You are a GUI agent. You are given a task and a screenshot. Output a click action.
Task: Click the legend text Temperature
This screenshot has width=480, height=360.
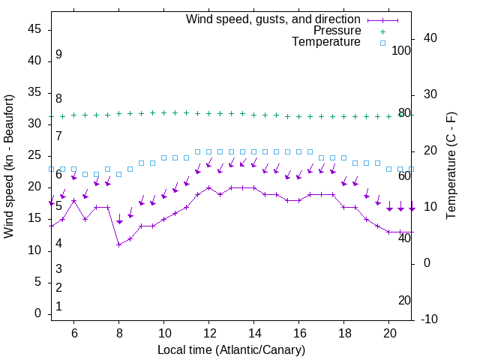[x=326, y=42]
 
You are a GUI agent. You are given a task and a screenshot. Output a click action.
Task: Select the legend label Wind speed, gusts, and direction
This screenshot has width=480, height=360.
[x=274, y=19]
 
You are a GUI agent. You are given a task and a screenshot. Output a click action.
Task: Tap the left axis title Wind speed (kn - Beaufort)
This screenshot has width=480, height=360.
[x=9, y=166]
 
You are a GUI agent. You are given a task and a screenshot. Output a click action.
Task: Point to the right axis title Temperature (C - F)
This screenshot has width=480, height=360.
[x=451, y=166]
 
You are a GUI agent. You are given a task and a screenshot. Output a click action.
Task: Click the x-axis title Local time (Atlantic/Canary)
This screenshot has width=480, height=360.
[x=231, y=349]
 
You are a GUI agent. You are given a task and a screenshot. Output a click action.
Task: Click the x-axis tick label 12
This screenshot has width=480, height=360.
[x=209, y=332]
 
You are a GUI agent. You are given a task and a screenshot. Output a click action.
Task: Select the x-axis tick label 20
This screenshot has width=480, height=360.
[x=390, y=332]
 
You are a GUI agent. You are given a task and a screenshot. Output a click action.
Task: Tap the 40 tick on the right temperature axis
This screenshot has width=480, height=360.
[x=430, y=38]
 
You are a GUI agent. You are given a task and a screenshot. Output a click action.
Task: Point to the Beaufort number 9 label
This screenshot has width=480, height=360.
[x=58, y=55]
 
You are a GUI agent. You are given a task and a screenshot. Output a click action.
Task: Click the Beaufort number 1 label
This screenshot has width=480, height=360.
[x=58, y=306]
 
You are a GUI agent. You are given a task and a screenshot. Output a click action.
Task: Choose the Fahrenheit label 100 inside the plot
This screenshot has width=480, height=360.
[x=402, y=50]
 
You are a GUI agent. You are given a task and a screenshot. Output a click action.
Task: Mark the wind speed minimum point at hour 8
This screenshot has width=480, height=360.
[x=118, y=244]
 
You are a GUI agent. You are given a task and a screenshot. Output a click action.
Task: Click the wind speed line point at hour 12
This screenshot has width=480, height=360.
[x=209, y=187]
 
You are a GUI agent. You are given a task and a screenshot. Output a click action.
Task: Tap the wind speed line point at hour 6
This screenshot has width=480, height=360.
[x=73, y=200]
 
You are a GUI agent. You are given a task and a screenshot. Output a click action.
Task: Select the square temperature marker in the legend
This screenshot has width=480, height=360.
[x=382, y=43]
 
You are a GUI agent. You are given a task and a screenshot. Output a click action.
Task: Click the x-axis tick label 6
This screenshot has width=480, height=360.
[x=73, y=332]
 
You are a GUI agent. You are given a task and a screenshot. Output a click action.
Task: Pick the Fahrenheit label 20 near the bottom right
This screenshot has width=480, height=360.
[x=405, y=300]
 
